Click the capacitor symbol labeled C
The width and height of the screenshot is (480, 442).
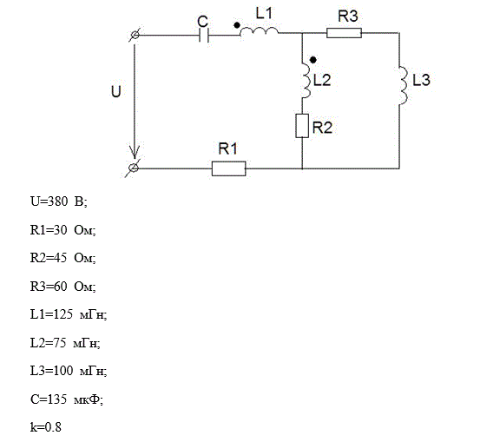[204, 36]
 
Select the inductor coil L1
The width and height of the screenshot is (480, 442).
[259, 31]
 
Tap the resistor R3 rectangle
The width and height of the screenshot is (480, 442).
[344, 33]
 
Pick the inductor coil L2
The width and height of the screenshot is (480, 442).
[306, 81]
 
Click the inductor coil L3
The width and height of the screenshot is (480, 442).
[403, 85]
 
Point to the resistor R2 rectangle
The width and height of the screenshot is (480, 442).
[302, 126]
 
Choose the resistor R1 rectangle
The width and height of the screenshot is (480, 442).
[228, 168]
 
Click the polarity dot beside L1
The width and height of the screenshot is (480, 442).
[237, 25]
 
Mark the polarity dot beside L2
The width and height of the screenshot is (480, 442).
[312, 60]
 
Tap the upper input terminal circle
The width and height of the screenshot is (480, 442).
[135, 36]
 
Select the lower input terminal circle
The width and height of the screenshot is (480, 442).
[134, 168]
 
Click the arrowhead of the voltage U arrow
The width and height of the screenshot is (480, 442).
[134, 152]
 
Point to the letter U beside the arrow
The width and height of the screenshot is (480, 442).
[116, 91]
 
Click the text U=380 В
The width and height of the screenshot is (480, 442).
[59, 201]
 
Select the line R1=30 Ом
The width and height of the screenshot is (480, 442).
[63, 230]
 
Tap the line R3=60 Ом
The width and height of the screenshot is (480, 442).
[63, 287]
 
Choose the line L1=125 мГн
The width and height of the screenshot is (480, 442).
[69, 314]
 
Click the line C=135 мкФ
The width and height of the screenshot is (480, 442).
[67, 399]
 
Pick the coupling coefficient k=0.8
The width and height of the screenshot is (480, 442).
[46, 427]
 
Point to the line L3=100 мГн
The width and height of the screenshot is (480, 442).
[69, 371]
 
